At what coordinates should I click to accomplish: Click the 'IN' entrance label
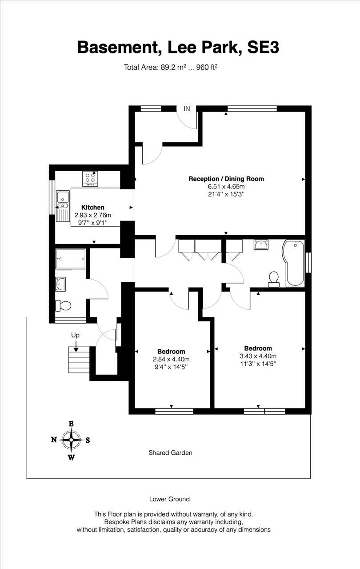pyautogui.click(x=187, y=108)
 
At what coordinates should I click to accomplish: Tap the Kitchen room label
pyautogui.click(x=92, y=207)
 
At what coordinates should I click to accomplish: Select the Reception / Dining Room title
pyautogui.click(x=226, y=179)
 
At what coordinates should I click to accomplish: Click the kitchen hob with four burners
pyautogui.click(x=90, y=179)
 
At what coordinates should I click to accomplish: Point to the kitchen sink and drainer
pyautogui.click(x=63, y=206)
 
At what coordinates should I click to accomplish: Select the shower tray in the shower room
pyautogui.click(x=71, y=259)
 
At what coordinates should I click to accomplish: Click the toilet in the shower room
pyautogui.click(x=63, y=305)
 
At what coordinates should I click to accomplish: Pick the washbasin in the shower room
pyautogui.click(x=60, y=284)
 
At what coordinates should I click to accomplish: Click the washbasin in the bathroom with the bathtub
pyautogui.click(x=261, y=244)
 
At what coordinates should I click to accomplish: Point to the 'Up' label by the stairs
pyautogui.click(x=76, y=335)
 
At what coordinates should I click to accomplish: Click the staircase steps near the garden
pyautogui.click(x=79, y=360)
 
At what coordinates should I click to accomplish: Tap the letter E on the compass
pyautogui.click(x=72, y=424)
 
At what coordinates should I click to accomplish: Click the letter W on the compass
pyautogui.click(x=72, y=457)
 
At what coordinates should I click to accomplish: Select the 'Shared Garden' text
pyautogui.click(x=170, y=453)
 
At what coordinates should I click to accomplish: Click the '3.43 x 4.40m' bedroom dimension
pyautogui.click(x=258, y=356)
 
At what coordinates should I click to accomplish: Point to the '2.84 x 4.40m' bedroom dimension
pyautogui.click(x=171, y=359)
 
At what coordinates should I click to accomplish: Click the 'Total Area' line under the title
pyautogui.click(x=171, y=67)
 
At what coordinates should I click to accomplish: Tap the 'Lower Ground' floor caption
pyautogui.click(x=169, y=499)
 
